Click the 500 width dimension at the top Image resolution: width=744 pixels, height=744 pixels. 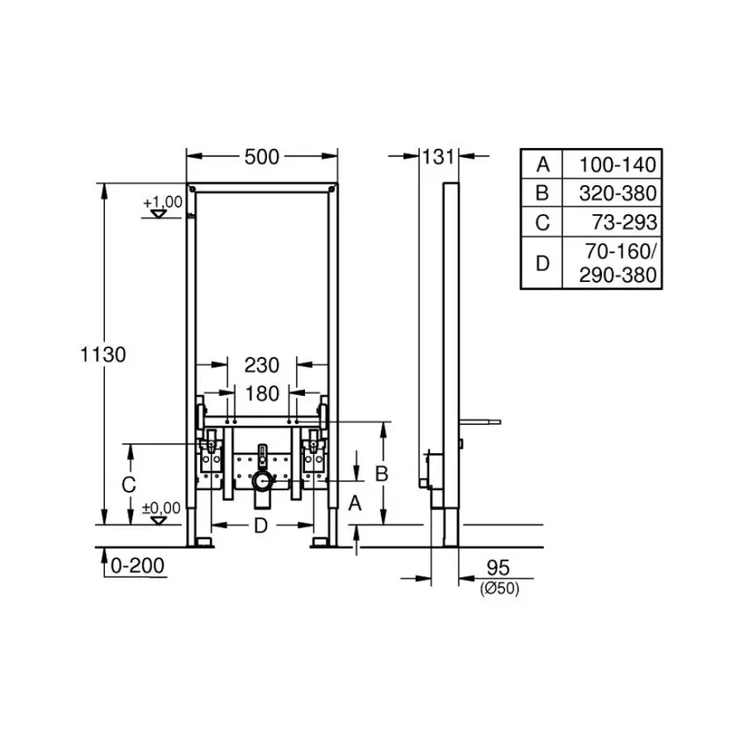click(x=262, y=156)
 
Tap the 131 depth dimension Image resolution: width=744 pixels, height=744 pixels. click(x=439, y=156)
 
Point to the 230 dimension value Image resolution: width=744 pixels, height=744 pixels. click(x=262, y=365)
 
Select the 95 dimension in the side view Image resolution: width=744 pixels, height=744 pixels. click(x=496, y=568)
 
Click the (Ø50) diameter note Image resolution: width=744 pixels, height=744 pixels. click(x=499, y=589)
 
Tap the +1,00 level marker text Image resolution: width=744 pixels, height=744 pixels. click(x=161, y=202)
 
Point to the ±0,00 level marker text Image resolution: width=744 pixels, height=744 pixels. click(x=160, y=507)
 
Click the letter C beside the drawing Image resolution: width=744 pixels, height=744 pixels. click(x=128, y=486)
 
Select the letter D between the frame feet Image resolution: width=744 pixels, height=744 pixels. click(x=260, y=525)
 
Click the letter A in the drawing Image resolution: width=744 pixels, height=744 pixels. click(x=355, y=502)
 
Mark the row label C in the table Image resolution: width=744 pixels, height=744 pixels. click(x=542, y=222)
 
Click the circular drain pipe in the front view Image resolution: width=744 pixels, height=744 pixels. click(x=261, y=481)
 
